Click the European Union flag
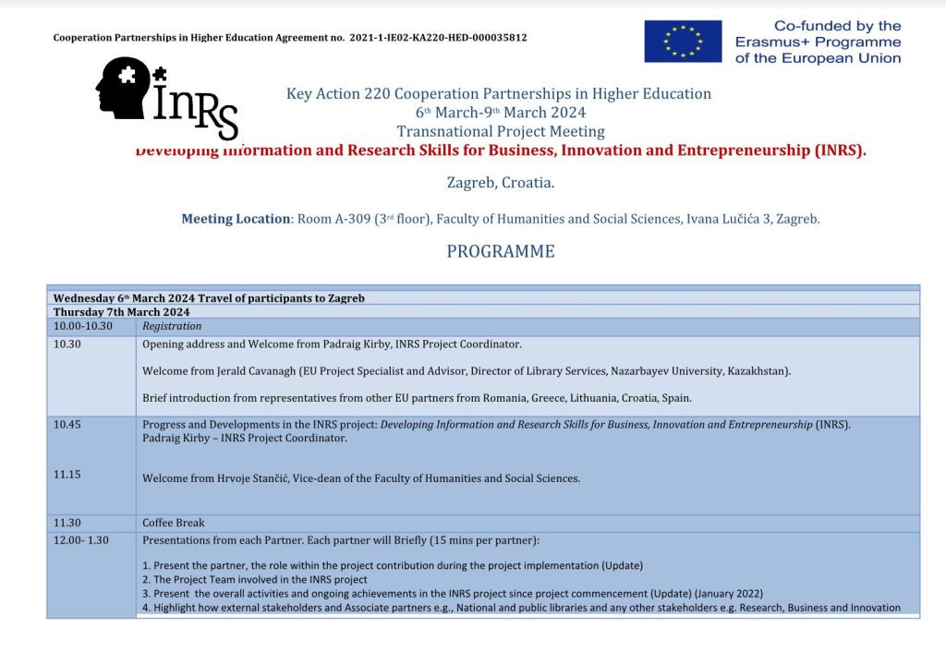click(683, 41)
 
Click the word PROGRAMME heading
click(501, 251)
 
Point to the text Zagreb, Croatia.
click(501, 183)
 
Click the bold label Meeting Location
click(236, 219)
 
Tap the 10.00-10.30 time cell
click(83, 326)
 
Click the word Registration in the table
click(172, 326)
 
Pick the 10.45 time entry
click(67, 425)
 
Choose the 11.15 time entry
click(67, 474)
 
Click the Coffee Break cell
click(174, 523)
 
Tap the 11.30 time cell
click(67, 523)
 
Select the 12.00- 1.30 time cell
click(81, 540)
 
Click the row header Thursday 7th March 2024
click(122, 312)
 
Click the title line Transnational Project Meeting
click(501, 132)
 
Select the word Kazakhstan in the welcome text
click(757, 371)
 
